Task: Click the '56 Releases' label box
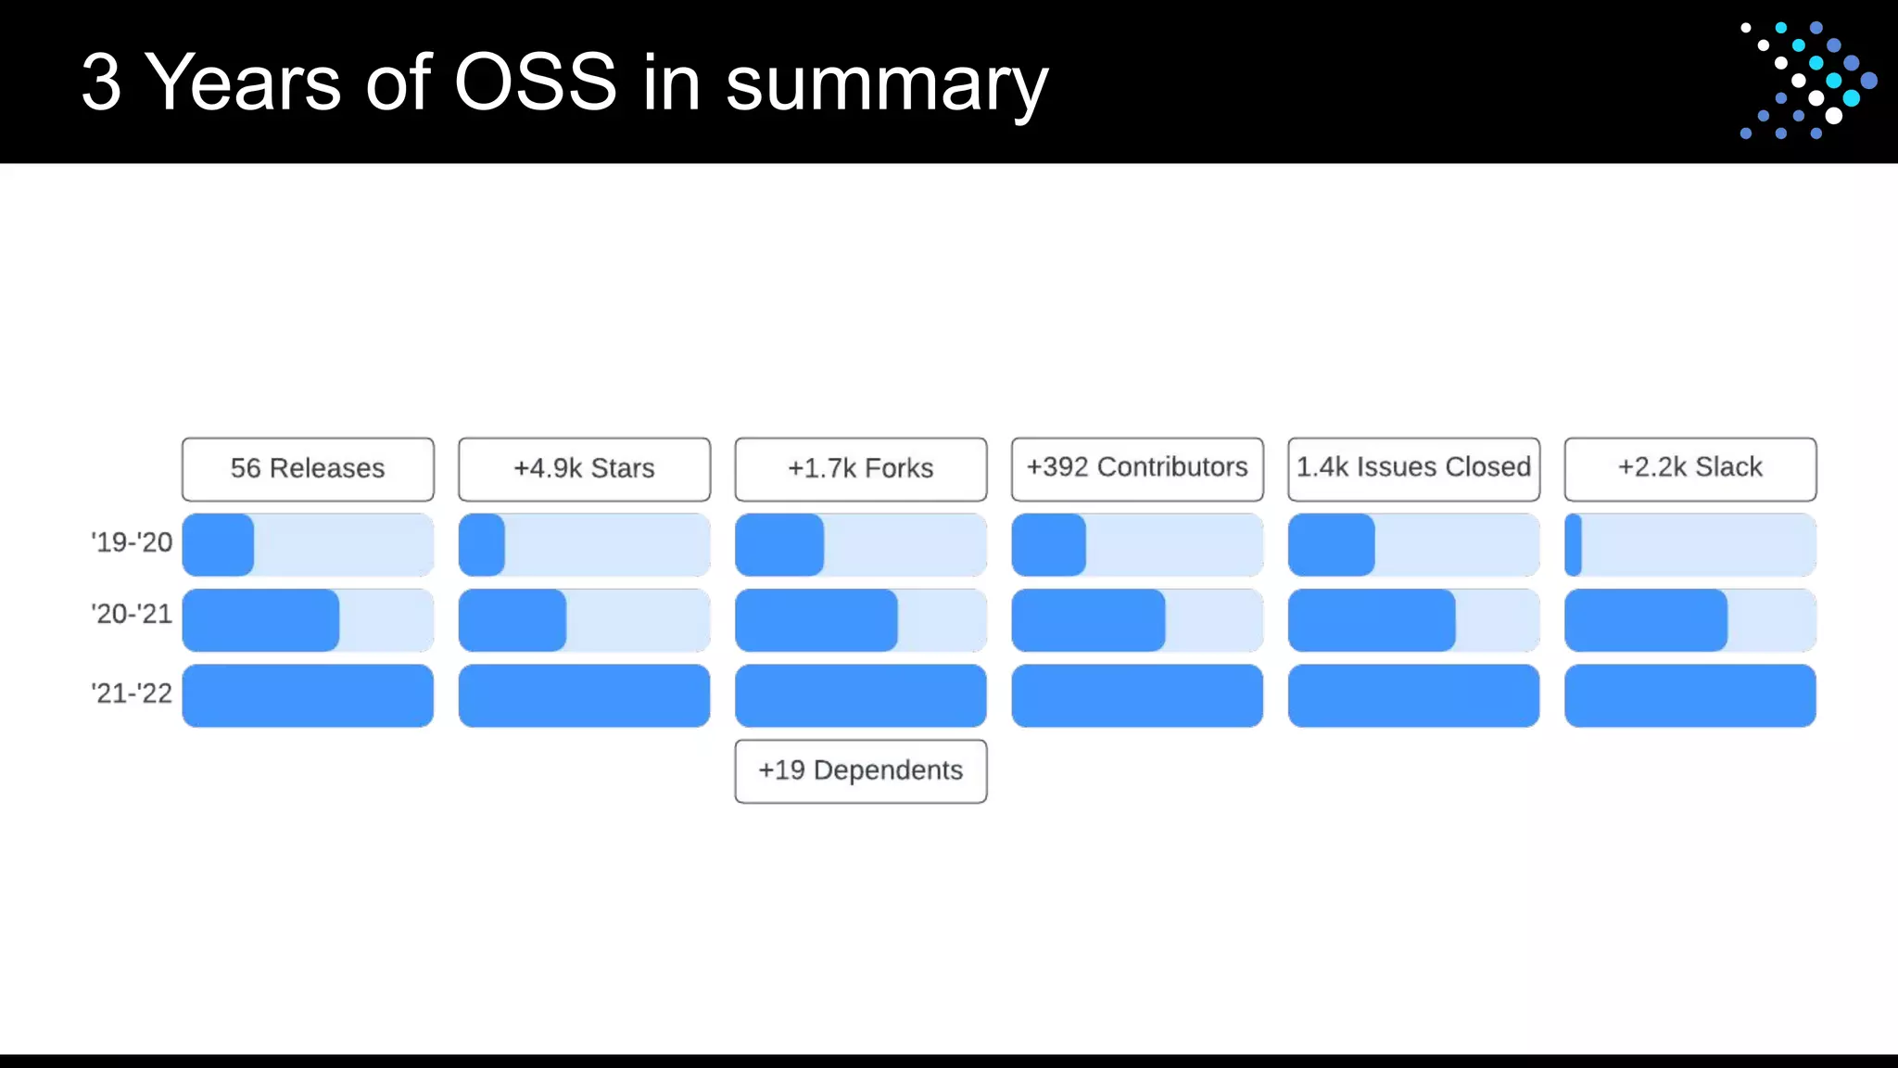308,469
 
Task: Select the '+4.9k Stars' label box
584,469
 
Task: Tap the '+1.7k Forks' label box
860,469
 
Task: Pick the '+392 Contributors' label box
1137,469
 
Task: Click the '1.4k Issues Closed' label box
1413,469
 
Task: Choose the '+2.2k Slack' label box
1689,469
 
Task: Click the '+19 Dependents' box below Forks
860,771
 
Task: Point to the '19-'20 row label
132,542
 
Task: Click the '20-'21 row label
132,614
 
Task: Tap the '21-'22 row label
132,693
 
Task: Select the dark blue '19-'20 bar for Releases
218,545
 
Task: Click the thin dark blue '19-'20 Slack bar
1573,545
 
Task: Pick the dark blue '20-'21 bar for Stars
512,620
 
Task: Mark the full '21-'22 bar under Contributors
1137,695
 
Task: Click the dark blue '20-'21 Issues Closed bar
1372,620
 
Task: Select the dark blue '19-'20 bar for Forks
778,545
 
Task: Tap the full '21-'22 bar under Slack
1689,695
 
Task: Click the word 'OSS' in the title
535,83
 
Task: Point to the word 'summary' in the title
886,85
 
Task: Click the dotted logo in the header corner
1807,81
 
